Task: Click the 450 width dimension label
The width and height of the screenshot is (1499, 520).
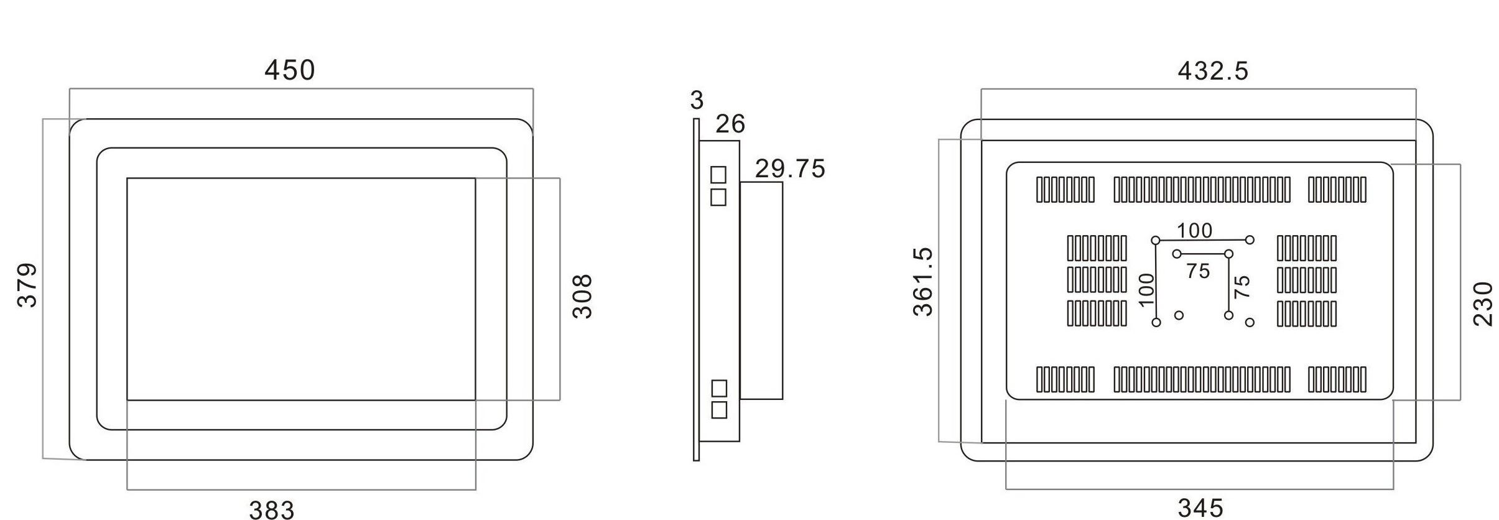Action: pyautogui.click(x=290, y=70)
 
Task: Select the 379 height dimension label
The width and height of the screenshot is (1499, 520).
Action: pyautogui.click(x=27, y=286)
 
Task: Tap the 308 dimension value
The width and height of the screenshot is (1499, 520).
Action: pyautogui.click(x=582, y=296)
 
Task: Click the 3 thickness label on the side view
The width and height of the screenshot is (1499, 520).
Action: pyautogui.click(x=697, y=100)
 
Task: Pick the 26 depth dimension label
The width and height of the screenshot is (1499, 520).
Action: pyautogui.click(x=730, y=124)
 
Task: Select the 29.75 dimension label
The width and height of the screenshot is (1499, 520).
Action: pyautogui.click(x=790, y=169)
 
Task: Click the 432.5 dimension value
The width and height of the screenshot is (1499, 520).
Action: pyautogui.click(x=1213, y=71)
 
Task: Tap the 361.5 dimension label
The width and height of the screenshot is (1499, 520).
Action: pyautogui.click(x=924, y=282)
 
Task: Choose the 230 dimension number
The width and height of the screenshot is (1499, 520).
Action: pyautogui.click(x=1483, y=304)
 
